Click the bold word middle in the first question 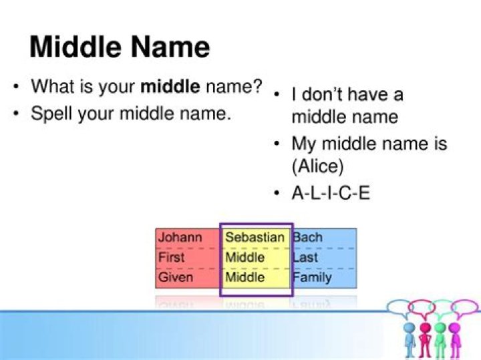pos(170,87)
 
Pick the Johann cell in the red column pos(180,237)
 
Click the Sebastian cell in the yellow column pos(255,237)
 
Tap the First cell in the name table pos(172,257)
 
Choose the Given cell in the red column pos(176,277)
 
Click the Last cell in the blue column pos(305,257)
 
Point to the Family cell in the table pos(312,277)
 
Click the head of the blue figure pos(410,328)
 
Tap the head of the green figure pos(440,328)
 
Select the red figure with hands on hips pos(425,338)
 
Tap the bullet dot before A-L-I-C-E pos(277,194)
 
